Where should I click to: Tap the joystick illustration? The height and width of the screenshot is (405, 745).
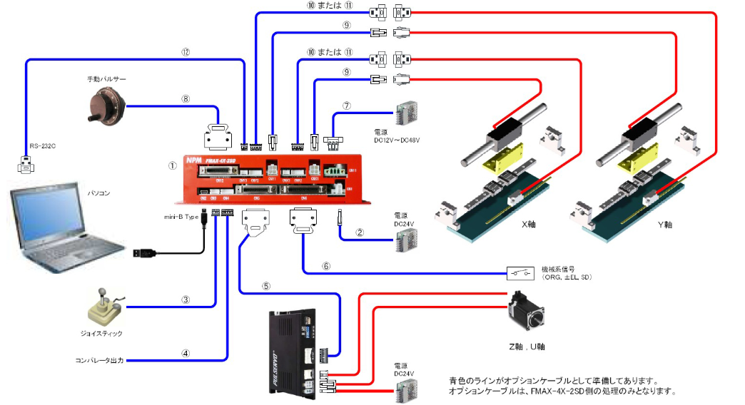(x=103, y=307)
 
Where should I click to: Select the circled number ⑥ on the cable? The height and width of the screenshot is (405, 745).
(x=326, y=265)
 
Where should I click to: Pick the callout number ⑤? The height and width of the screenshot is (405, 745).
(x=265, y=287)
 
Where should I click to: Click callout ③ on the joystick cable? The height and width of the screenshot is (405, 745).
(x=186, y=299)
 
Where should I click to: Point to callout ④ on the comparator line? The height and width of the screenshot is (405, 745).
(x=186, y=352)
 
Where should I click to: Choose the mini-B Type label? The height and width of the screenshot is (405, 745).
(x=181, y=215)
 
